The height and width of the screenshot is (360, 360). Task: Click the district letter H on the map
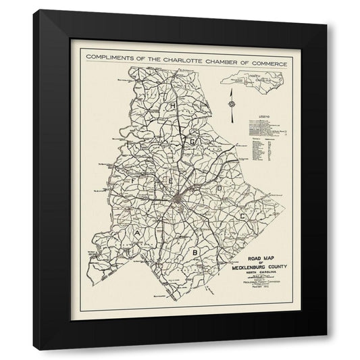[x=173, y=106]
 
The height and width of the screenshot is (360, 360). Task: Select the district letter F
[x=134, y=181]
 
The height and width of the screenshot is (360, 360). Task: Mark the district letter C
[x=241, y=215]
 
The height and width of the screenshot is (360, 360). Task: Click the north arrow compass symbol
[x=232, y=103]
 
